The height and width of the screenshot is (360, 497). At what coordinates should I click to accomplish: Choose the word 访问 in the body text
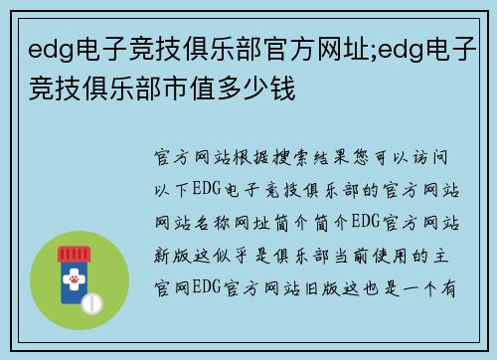click(x=443, y=158)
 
